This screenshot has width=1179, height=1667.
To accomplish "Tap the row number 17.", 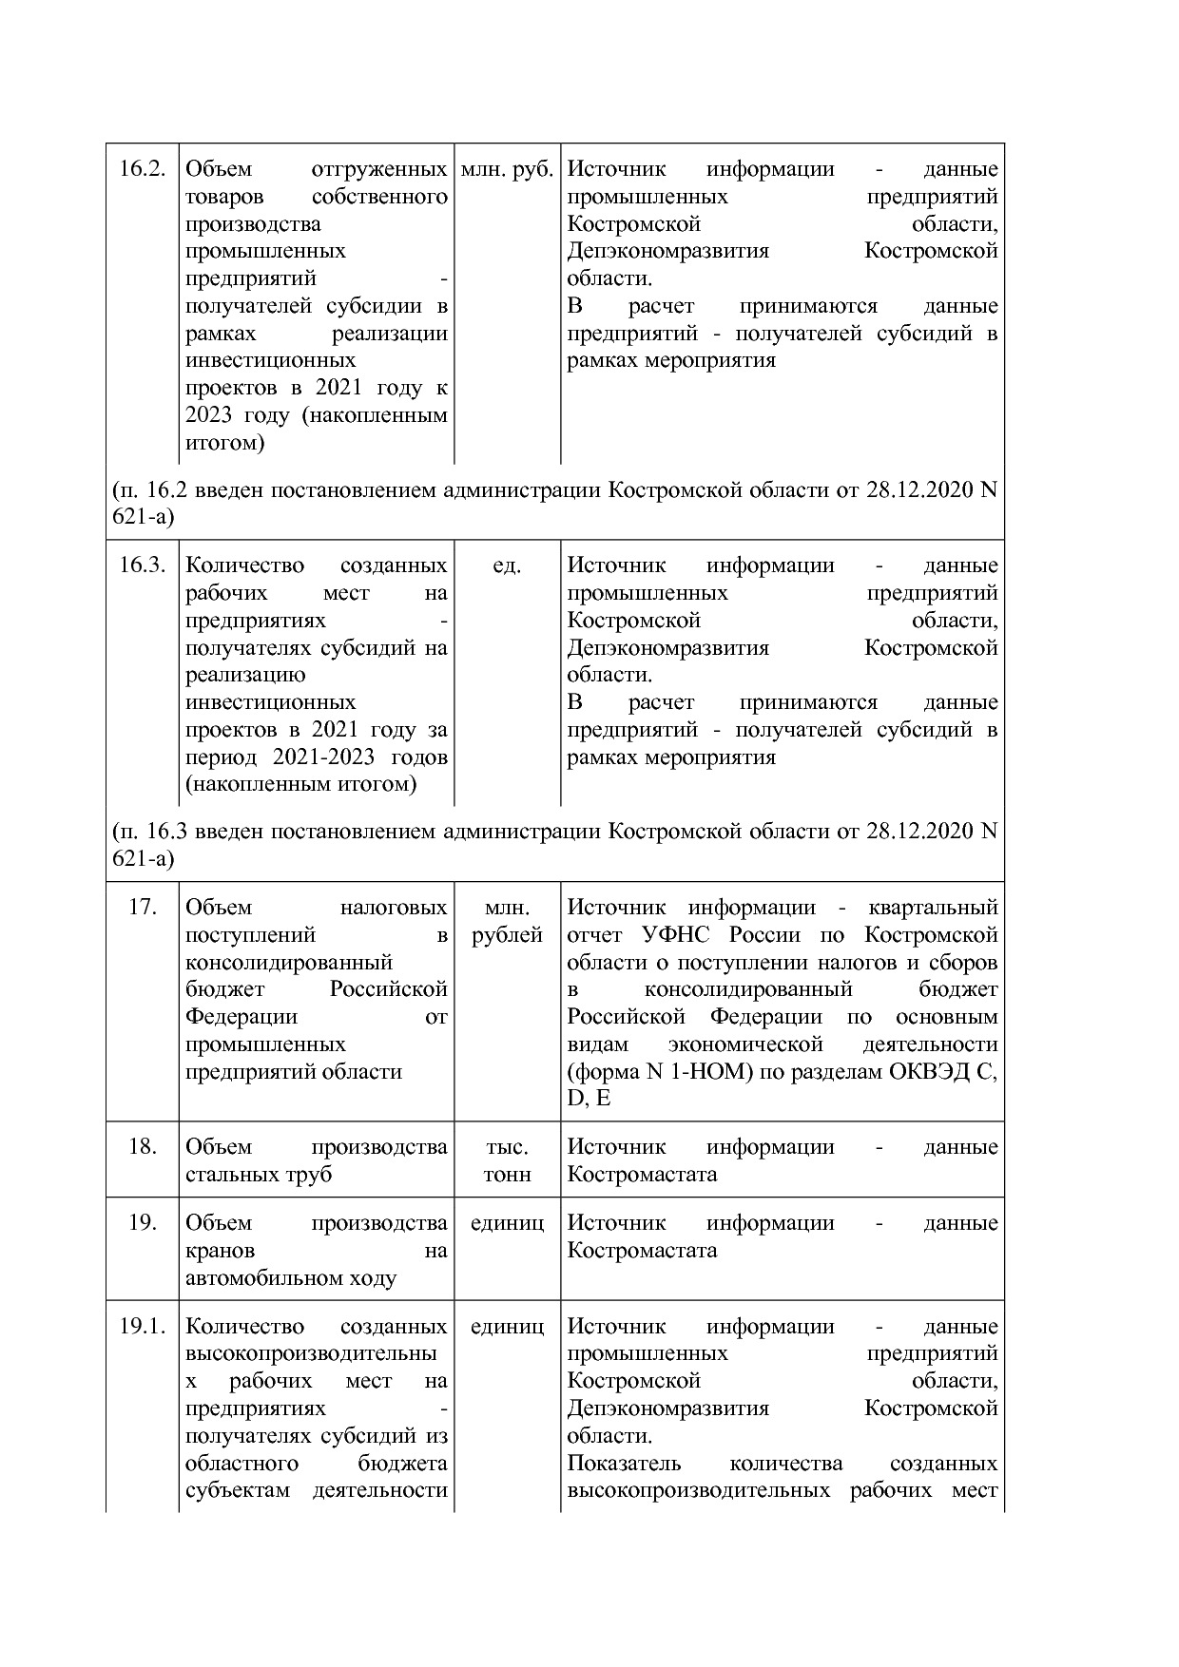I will tap(143, 908).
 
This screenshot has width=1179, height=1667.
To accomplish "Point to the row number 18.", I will tap(143, 1147).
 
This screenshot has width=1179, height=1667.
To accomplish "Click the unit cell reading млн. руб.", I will tap(507, 169).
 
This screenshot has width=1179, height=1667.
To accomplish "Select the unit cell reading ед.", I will tap(507, 565).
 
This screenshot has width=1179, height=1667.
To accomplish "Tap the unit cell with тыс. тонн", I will tap(507, 1160).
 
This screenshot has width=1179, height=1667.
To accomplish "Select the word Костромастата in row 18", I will tap(642, 1175).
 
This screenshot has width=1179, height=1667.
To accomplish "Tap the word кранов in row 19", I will tap(220, 1251).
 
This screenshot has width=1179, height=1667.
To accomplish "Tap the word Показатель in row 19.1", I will tap(624, 1464).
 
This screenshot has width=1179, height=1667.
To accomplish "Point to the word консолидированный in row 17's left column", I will tap(289, 963).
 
